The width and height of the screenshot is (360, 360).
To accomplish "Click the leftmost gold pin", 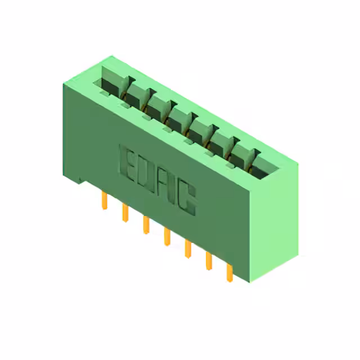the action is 105,200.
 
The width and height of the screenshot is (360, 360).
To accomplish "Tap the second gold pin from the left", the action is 125,213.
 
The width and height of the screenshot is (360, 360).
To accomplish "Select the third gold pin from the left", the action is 146,225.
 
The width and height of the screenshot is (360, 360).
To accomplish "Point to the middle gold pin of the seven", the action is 167,237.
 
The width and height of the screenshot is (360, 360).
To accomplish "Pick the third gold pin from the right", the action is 188,249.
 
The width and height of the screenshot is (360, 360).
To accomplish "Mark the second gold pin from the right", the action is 209,261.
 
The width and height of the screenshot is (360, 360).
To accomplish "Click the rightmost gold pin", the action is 229,273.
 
